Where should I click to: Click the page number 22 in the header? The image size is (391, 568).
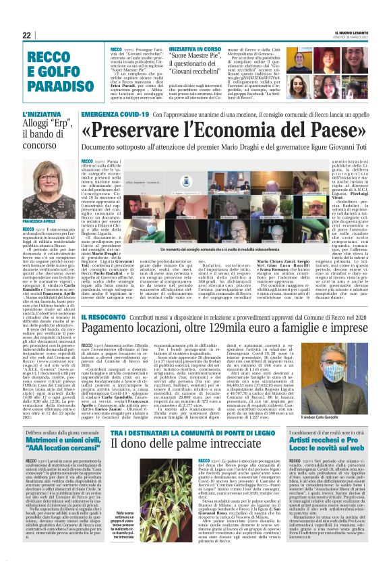27,35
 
